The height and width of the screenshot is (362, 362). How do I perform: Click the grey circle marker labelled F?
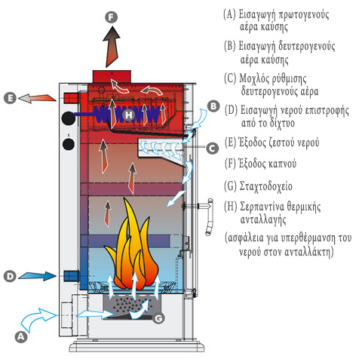[111, 17]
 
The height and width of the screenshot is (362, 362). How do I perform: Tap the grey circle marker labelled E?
[10, 98]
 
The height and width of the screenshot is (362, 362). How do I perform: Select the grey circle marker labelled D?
[10, 276]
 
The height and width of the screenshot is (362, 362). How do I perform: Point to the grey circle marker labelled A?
[21, 336]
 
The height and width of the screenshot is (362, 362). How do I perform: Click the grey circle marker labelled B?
[213, 106]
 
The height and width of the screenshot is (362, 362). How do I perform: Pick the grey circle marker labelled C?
[213, 149]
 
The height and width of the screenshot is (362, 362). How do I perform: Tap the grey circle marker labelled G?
[158, 318]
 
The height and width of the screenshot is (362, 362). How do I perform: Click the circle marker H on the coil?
[129, 115]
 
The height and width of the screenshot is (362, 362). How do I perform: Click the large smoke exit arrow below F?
[112, 47]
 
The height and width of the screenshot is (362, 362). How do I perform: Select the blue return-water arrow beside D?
[37, 276]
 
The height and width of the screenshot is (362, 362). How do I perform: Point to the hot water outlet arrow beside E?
[37, 98]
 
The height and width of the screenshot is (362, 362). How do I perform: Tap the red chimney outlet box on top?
[112, 76]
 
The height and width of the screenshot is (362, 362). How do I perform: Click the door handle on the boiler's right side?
[209, 216]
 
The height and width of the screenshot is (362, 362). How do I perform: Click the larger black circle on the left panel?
[69, 118]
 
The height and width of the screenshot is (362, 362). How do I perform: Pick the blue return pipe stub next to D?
[71, 276]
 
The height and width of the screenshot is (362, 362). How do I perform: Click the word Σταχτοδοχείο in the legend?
[266, 186]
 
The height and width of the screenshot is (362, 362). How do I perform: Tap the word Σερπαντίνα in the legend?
[262, 207]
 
